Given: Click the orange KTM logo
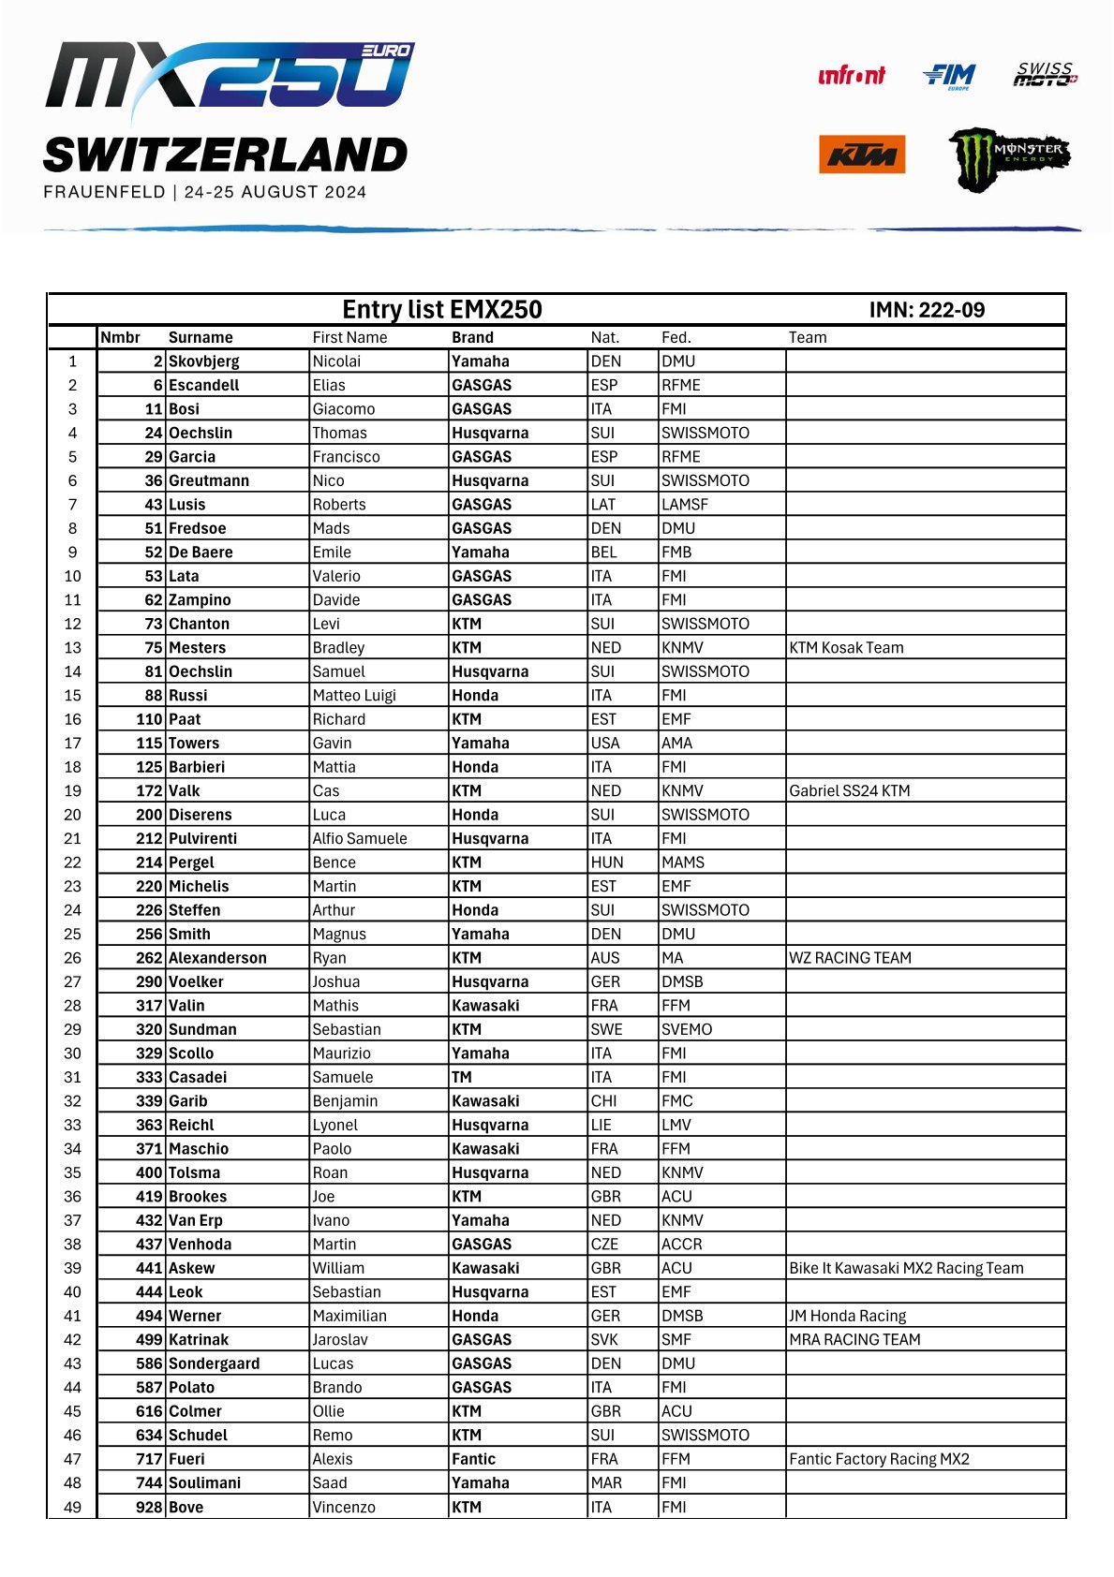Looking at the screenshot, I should pos(861,155).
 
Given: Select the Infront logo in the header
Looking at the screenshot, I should pos(851,76).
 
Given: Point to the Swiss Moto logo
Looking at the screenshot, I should pos(1045,75).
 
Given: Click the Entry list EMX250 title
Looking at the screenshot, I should pos(441,310).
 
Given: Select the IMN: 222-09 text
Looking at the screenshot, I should pos(926,310).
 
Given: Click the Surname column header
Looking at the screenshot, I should pos(201,337).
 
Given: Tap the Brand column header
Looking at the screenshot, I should pos(472,337).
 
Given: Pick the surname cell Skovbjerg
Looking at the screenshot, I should pos(203,361).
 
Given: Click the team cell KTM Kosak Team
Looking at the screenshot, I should pos(846,648).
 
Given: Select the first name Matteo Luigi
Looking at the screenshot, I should pos(354,696).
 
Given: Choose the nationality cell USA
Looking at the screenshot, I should pos(604,744).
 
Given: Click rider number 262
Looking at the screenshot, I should pos(149,958).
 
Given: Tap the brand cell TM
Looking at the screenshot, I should pos(462,1077).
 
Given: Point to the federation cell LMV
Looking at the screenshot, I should pos(676,1125).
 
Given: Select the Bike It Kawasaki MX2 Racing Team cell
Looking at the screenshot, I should pos(906,1268).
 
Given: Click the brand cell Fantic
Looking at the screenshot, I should pos(473,1459).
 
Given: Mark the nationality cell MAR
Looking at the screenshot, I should pos(605,1482).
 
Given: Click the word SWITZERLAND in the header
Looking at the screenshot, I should pos(225,155).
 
